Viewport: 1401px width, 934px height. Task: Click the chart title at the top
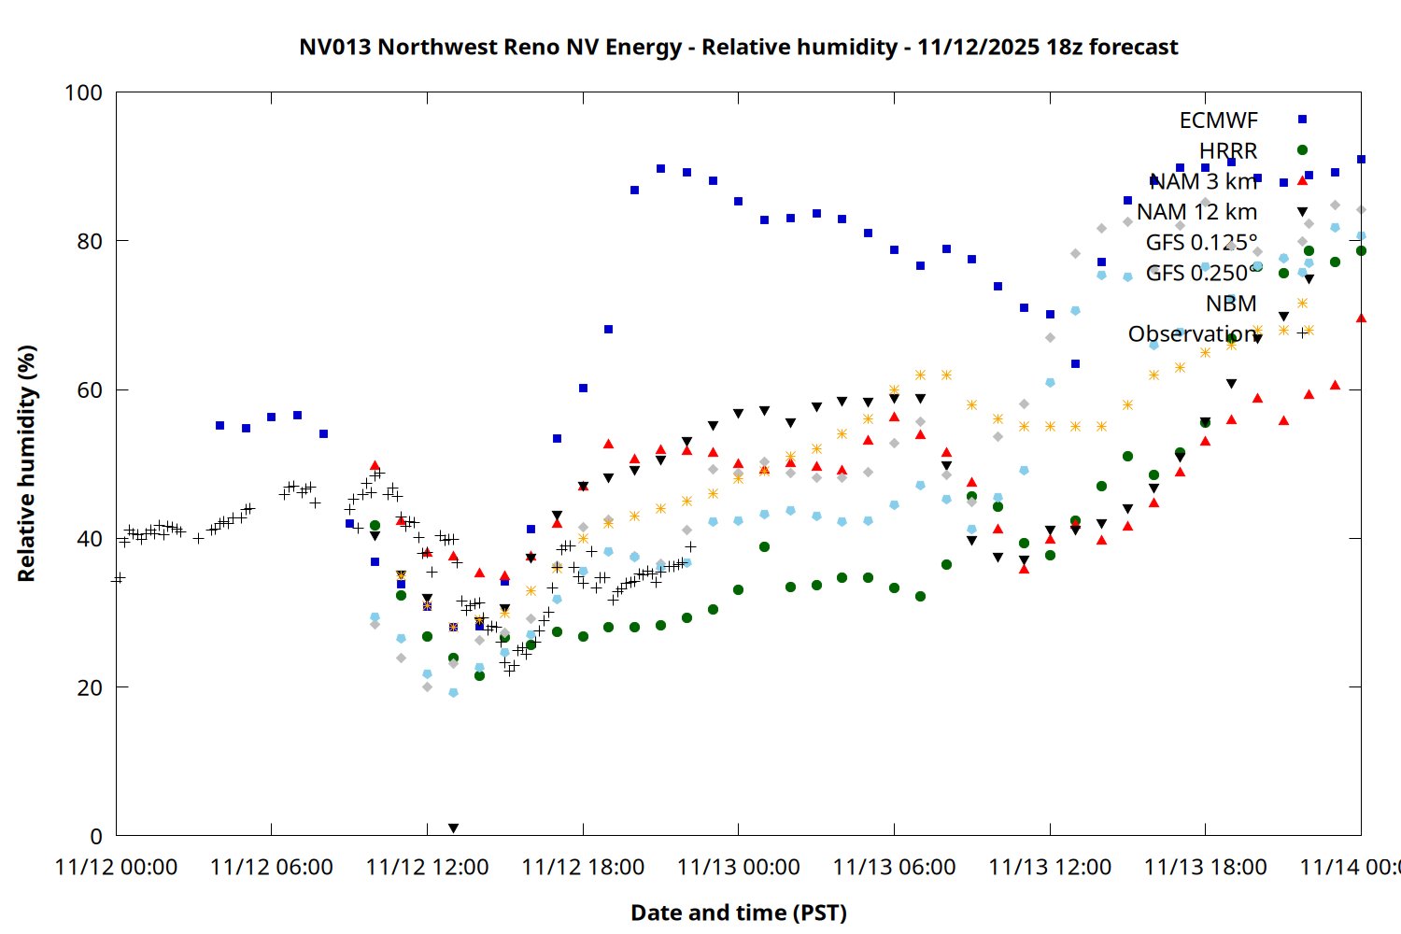738,47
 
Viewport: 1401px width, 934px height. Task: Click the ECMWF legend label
1218,120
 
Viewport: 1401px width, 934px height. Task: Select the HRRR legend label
1228,151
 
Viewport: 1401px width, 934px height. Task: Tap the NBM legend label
1231,304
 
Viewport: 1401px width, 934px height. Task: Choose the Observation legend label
1192,334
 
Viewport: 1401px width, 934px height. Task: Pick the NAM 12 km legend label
1196,212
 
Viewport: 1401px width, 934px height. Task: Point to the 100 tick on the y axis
84,92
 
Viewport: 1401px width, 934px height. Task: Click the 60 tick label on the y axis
90,389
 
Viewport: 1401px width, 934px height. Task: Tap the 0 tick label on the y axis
96,836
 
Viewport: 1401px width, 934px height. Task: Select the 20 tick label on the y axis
90,687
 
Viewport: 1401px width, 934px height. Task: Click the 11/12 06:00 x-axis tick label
271,868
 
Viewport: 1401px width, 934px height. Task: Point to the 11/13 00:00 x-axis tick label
738,868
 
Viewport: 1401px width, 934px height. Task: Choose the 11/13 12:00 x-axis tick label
1050,868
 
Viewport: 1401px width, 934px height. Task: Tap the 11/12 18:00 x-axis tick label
583,868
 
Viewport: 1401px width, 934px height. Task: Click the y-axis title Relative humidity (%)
26,463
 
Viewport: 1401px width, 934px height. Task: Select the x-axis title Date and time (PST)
738,913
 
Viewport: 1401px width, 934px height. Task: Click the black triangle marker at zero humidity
453,828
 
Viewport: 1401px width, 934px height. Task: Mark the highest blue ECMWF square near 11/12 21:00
660,169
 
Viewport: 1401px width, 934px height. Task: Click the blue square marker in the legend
1302,120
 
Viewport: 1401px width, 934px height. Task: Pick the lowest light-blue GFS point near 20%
453,693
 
